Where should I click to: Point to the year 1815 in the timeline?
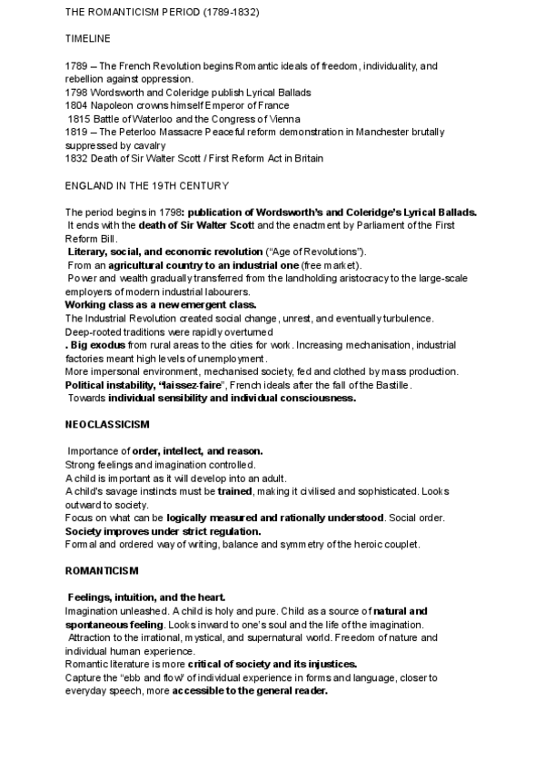tap(80, 118)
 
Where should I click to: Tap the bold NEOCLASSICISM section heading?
tap(107, 424)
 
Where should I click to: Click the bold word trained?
tap(235, 491)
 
